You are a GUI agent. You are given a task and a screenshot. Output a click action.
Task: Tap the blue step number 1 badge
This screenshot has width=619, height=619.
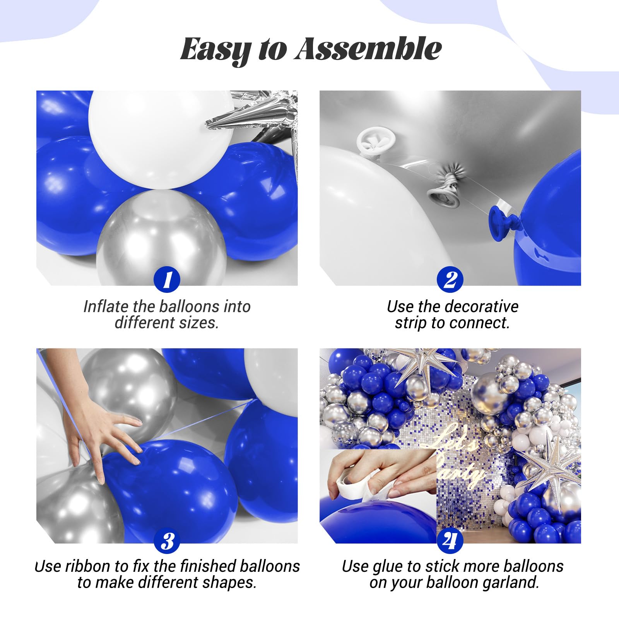click(x=167, y=279)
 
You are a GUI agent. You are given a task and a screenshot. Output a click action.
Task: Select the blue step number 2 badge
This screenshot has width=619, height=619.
click(x=450, y=279)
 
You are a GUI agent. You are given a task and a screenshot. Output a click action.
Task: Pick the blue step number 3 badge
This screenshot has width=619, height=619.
click(x=167, y=541)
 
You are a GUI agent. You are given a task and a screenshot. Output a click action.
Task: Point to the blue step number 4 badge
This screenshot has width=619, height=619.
click(x=450, y=541)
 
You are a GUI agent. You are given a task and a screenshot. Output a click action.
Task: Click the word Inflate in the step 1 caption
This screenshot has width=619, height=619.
click(x=105, y=306)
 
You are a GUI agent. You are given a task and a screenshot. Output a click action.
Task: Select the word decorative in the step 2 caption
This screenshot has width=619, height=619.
click(x=479, y=306)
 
